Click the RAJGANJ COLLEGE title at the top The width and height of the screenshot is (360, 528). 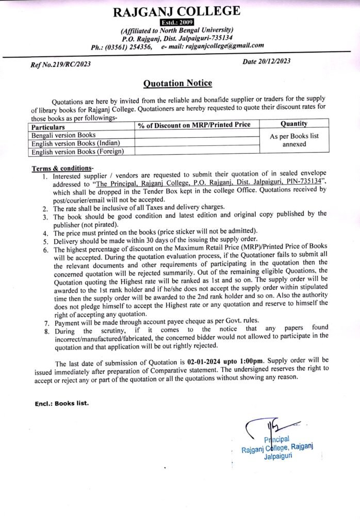pos(177,11)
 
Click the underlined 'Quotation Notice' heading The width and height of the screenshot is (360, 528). pos(177,83)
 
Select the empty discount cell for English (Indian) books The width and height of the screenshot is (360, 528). pos(196,143)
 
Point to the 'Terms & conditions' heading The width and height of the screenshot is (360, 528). pos(62,169)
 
